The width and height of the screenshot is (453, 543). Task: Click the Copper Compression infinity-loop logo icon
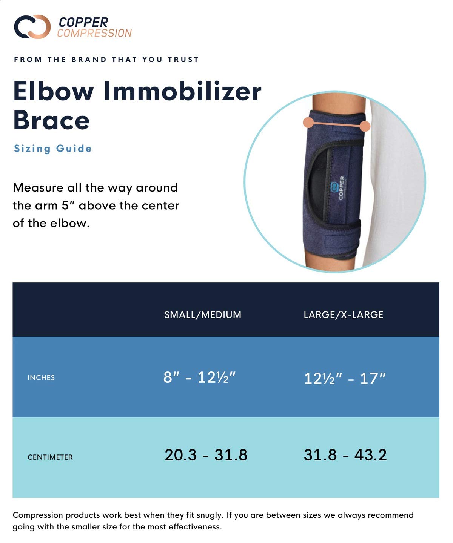[x=32, y=27]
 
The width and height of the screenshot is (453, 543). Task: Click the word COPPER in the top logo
[x=83, y=22]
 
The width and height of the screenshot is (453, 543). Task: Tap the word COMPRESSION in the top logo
[x=94, y=33]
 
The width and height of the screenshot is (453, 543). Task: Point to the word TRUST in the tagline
[x=183, y=60]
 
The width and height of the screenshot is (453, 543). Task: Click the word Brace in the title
[x=51, y=120]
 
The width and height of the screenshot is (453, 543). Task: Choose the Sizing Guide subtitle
[x=53, y=149]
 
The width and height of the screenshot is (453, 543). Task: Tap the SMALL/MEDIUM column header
[x=203, y=315]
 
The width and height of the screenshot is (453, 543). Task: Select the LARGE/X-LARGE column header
[x=343, y=315]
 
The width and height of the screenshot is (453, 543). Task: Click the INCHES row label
[x=41, y=378]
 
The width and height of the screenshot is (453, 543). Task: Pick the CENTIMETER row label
[x=50, y=457]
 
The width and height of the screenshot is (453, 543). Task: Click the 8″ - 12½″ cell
[x=199, y=377]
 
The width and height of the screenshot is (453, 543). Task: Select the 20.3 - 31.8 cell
[x=206, y=455]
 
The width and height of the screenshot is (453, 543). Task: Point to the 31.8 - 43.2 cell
[x=345, y=455]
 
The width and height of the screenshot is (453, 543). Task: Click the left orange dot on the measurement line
[x=308, y=122]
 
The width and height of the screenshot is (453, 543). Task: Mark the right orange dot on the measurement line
[x=365, y=126]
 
